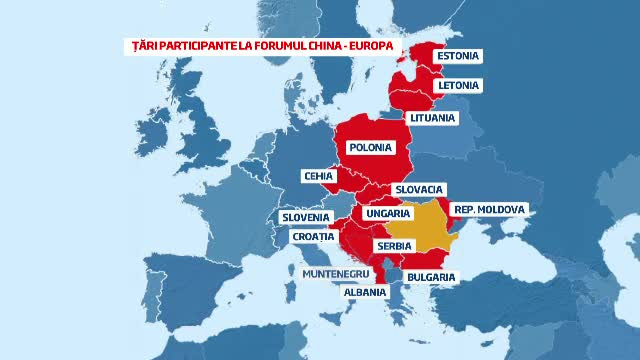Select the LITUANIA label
pyautogui.click(x=432, y=118)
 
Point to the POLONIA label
pyautogui.click(x=369, y=148)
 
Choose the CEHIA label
pyautogui.click(x=318, y=176)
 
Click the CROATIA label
pyautogui.click(x=313, y=237)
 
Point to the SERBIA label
pyautogui.click(x=392, y=245)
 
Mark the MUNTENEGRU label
pyautogui.click(x=337, y=272)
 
